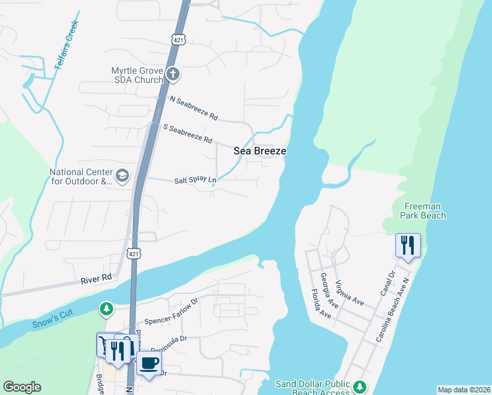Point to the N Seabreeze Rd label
click(x=193, y=109)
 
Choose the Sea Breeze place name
click(x=260, y=151)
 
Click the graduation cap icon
click(x=122, y=176)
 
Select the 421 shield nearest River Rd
click(x=134, y=253)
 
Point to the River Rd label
click(x=96, y=279)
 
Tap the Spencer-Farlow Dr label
click(x=170, y=310)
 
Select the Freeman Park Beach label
click(x=424, y=211)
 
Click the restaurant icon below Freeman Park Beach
click(x=408, y=246)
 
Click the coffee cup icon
click(x=149, y=363)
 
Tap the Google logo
click(x=22, y=387)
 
